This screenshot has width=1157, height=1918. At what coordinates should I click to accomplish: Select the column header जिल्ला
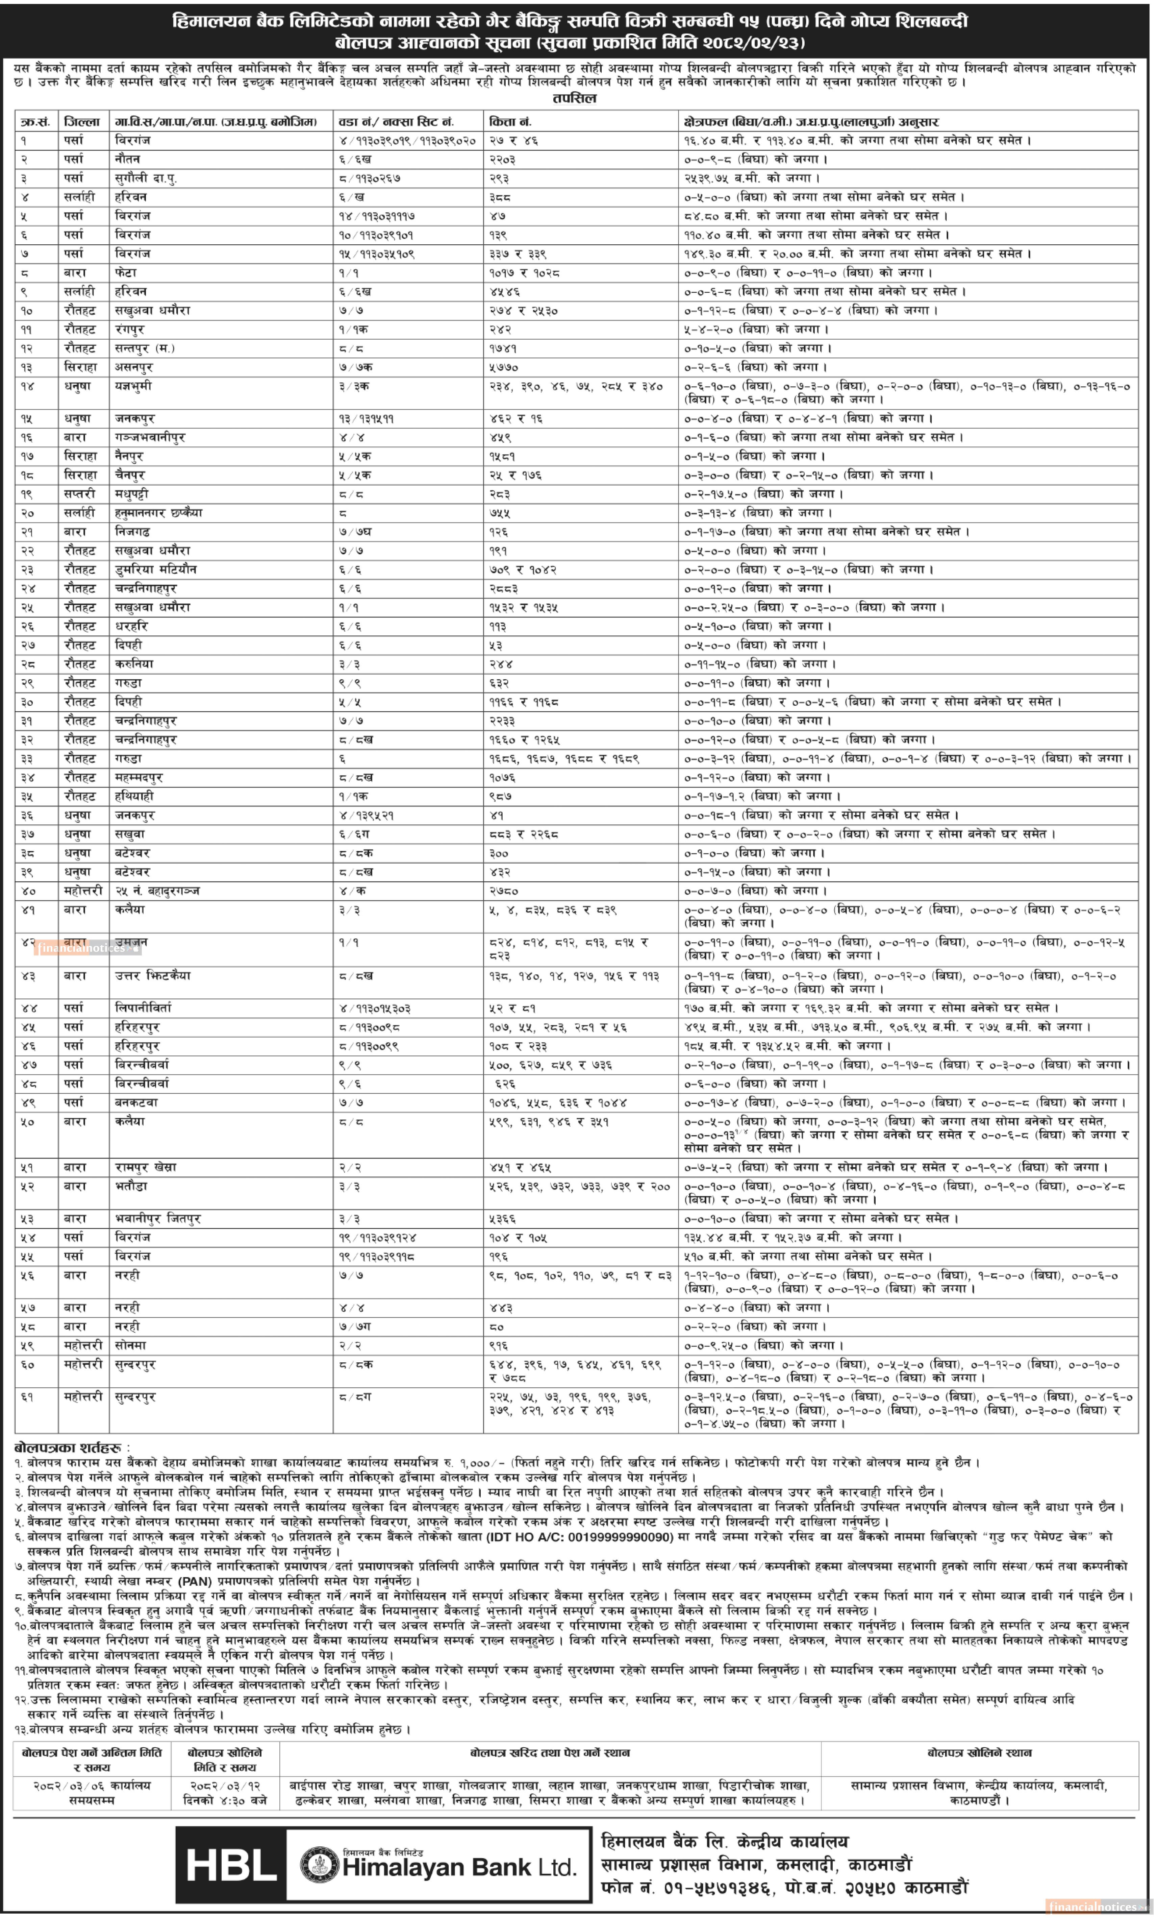[x=82, y=122]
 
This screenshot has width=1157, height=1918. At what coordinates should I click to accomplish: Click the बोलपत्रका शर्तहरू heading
[x=69, y=1448]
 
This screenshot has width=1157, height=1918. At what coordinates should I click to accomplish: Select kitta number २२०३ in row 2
[x=503, y=159]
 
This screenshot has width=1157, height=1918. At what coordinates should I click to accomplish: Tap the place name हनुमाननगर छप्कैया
[x=158, y=513]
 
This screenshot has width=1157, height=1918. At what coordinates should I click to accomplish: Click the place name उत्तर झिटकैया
[x=152, y=975]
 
